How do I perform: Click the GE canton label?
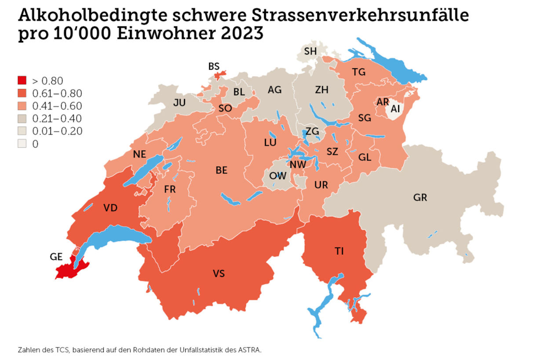click(x=57, y=257)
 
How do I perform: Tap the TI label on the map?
click(x=339, y=251)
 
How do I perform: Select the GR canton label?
click(x=420, y=198)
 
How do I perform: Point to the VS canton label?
click(x=219, y=274)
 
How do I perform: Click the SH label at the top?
click(x=310, y=51)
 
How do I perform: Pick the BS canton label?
click(x=214, y=66)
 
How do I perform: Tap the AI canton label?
click(x=395, y=108)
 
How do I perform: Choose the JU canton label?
click(x=179, y=103)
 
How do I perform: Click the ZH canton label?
click(x=321, y=90)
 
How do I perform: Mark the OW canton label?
click(x=277, y=176)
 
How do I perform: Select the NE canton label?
click(x=139, y=154)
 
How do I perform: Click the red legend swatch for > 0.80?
click(x=22, y=81)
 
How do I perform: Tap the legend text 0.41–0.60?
click(x=57, y=106)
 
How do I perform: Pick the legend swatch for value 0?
click(x=22, y=144)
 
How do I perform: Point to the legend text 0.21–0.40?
click(x=57, y=119)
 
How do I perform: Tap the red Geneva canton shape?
click(x=70, y=270)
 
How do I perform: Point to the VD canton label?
click(x=110, y=208)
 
